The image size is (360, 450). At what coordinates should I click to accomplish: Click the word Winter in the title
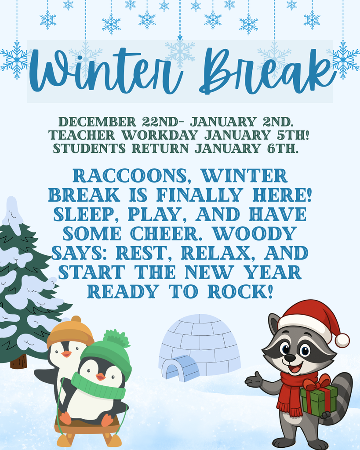(105, 70)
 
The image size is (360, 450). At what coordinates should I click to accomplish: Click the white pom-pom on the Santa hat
(342, 340)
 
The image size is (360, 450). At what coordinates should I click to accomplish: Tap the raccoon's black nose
(290, 358)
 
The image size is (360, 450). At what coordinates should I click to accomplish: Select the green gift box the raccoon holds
(318, 400)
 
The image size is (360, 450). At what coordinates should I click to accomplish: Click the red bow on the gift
(317, 382)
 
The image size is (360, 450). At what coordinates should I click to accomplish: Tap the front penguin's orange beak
(101, 377)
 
